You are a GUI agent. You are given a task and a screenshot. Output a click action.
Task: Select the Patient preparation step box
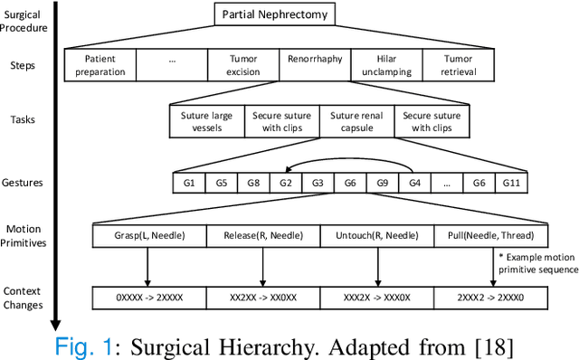tap(101, 65)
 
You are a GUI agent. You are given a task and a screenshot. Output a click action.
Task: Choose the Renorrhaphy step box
tap(314, 60)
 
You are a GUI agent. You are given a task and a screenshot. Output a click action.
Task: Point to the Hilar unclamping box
tap(385, 65)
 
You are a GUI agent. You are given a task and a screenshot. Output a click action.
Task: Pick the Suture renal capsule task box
tap(356, 121)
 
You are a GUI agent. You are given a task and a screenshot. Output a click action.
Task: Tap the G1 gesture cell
tap(187, 184)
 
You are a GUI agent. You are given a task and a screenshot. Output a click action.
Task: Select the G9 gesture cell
tap(381, 184)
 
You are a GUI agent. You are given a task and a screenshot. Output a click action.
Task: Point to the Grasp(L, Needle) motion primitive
tap(148, 237)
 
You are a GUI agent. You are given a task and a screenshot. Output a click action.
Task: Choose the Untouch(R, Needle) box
tap(377, 237)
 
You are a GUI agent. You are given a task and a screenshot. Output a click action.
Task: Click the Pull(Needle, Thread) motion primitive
tap(491, 237)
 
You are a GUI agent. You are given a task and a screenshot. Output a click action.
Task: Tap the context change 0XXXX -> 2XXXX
tap(148, 297)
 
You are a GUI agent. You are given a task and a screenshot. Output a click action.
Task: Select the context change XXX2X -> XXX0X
tap(377, 297)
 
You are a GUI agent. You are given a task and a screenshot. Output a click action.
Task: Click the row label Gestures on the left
tap(28, 182)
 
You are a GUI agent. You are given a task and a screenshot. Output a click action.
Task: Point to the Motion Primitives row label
tap(28, 236)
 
